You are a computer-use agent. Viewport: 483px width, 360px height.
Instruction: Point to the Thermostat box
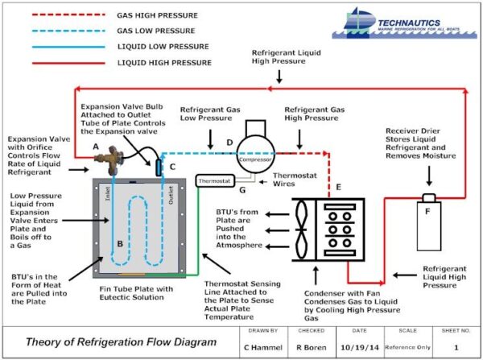coord(215,180)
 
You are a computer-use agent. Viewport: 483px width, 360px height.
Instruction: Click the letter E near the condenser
coord(337,187)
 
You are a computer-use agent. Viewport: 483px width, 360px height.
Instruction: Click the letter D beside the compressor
coord(229,143)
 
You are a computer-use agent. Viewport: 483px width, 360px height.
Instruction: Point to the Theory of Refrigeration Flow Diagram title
coord(120,341)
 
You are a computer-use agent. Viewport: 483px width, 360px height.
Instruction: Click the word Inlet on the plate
coord(105,195)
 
